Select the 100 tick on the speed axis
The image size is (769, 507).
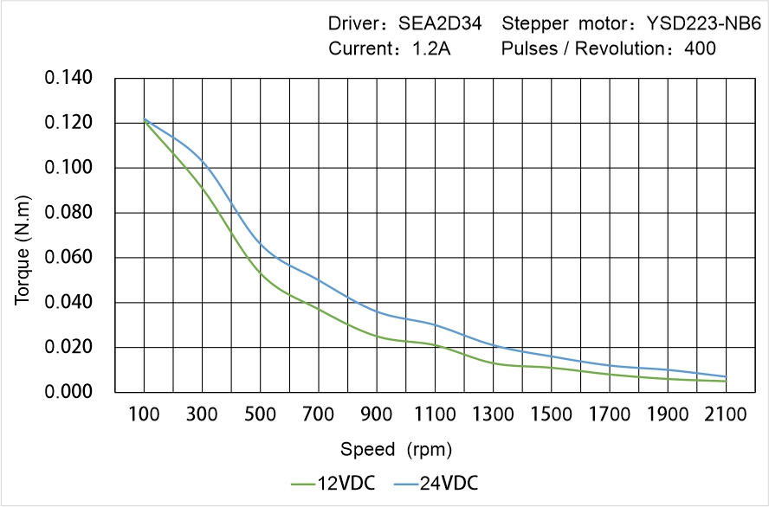[x=144, y=415]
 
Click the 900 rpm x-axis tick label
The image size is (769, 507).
[x=377, y=415]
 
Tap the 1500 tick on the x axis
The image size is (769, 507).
[x=551, y=415]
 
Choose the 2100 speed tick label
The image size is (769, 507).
[x=726, y=415]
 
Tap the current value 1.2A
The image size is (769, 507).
[x=430, y=48]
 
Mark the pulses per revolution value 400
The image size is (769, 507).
[x=700, y=48]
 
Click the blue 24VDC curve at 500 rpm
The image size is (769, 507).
[x=261, y=246]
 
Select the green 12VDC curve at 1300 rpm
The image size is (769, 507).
[x=493, y=363]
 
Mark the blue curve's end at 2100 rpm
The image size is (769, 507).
[x=726, y=376]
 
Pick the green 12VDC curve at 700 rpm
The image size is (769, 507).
[x=319, y=309]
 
